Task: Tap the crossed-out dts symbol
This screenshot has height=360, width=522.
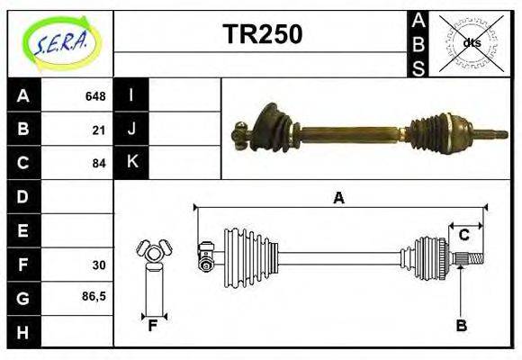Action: [x=472, y=42]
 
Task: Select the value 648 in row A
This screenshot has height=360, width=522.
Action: [x=95, y=96]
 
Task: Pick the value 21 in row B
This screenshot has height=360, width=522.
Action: [x=99, y=130]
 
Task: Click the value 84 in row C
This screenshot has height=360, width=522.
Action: [x=99, y=164]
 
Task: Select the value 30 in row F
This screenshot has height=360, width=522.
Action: [x=99, y=265]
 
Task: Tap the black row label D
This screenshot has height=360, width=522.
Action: [x=23, y=196]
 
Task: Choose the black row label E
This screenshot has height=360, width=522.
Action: [x=23, y=230]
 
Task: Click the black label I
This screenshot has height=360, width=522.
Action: [x=131, y=96]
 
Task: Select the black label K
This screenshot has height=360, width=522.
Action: [x=131, y=163]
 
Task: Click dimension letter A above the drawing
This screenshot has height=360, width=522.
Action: [x=338, y=198]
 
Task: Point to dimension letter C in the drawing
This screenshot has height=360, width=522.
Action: [x=464, y=235]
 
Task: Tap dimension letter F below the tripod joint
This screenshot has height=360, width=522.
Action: [x=153, y=326]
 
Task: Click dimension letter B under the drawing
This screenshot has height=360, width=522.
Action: [x=461, y=326]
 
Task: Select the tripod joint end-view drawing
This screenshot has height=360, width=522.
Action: [x=152, y=252]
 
